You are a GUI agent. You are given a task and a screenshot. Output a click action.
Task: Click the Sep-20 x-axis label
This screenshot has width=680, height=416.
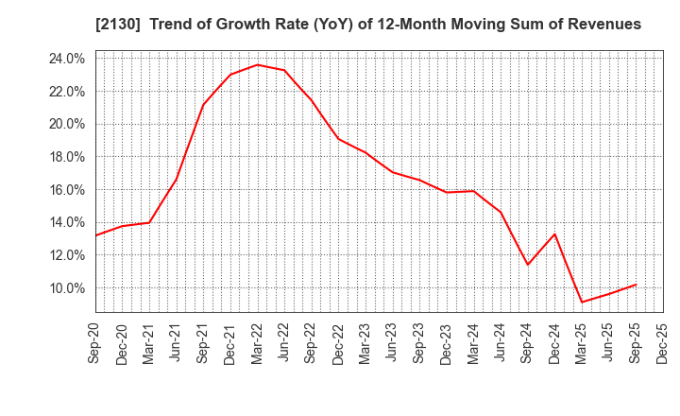click(x=95, y=346)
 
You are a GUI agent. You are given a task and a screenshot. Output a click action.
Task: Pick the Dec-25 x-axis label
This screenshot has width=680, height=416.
click(x=663, y=346)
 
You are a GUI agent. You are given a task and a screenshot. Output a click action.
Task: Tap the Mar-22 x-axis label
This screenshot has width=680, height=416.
click(x=258, y=346)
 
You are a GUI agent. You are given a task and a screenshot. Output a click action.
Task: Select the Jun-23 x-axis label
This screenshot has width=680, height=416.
click(x=393, y=346)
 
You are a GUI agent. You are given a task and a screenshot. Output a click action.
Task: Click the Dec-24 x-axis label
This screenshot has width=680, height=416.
click(x=555, y=346)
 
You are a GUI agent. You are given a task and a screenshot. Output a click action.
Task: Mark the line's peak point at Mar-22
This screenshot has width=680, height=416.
click(x=258, y=64)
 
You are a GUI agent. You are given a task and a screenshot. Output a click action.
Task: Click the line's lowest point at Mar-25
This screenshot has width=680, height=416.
click(x=582, y=303)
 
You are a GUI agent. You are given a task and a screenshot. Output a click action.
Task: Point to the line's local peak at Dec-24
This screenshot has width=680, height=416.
click(x=555, y=234)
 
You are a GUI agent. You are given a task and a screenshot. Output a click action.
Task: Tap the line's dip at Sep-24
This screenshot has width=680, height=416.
click(x=528, y=265)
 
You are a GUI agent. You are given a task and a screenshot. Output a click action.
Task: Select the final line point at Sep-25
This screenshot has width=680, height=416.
click(x=636, y=285)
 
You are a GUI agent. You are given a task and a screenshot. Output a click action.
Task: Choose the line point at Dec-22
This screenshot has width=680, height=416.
click(x=339, y=139)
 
